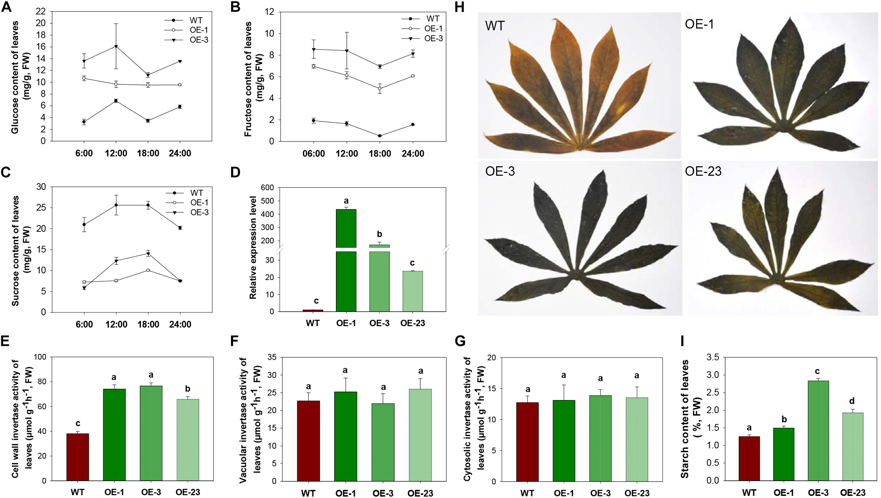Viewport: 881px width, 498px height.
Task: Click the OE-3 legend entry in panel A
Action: pyautogui.click(x=198, y=40)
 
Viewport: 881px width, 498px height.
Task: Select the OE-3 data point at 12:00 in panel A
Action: pyautogui.click(x=116, y=47)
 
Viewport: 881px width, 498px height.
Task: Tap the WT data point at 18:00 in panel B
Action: pyautogui.click(x=380, y=136)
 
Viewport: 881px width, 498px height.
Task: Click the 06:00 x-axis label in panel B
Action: pyautogui.click(x=313, y=154)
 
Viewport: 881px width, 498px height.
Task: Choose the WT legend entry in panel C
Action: pyautogui.click(x=196, y=193)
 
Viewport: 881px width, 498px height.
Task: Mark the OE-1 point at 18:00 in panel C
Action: pyautogui.click(x=148, y=270)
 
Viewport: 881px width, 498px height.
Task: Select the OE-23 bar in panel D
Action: pyautogui.click(x=412, y=291)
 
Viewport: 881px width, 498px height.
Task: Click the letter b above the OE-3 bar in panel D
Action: pyautogui.click(x=379, y=234)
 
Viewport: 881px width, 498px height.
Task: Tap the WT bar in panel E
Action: pyautogui.click(x=78, y=457)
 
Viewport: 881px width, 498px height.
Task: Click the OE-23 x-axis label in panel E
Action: pyautogui.click(x=188, y=492)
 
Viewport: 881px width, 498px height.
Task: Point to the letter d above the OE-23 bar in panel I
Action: pyautogui.click(x=852, y=401)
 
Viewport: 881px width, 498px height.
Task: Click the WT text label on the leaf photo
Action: pyautogui.click(x=495, y=26)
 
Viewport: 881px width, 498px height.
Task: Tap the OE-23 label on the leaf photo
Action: pyautogui.click(x=703, y=171)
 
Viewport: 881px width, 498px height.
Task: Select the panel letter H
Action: pyautogui.click(x=459, y=7)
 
